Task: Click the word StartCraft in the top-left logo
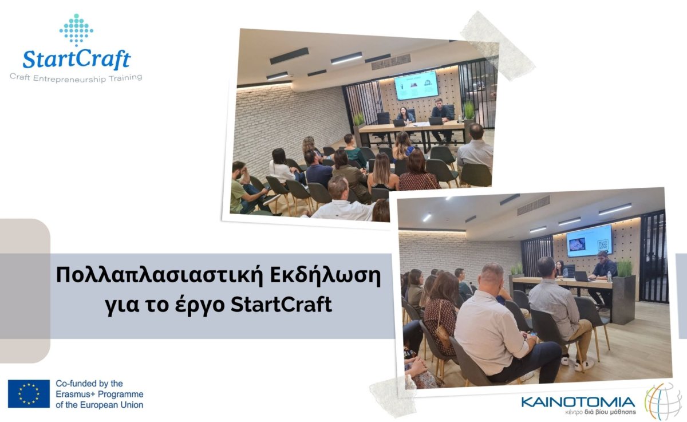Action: point(77,59)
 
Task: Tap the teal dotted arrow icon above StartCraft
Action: point(76,29)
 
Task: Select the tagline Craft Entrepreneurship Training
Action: point(76,78)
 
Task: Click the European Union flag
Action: point(29,394)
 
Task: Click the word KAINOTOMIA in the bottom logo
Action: point(578,402)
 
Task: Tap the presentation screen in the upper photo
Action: point(416,85)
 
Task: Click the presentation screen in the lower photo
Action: point(589,240)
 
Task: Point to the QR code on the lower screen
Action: point(603,244)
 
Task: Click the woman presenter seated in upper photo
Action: point(406,115)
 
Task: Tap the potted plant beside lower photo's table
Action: point(624,291)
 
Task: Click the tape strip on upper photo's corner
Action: point(498,46)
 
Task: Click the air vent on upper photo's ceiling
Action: point(390,62)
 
